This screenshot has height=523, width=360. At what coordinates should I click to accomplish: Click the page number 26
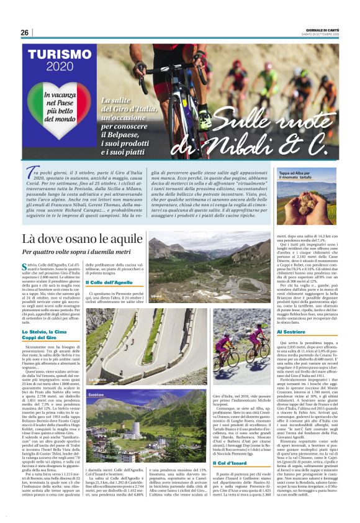(x=25, y=33)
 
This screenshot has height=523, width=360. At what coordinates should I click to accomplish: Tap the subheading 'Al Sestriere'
(x=290, y=332)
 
